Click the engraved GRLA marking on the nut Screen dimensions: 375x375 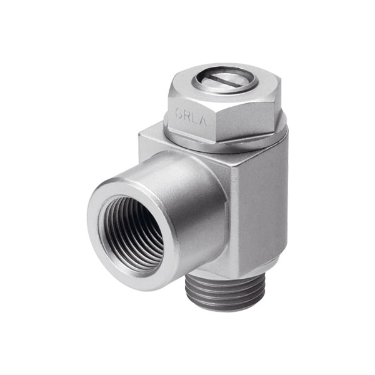pos(191,116)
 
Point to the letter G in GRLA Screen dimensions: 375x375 pos(179,114)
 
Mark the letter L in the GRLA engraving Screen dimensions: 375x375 pos(194,117)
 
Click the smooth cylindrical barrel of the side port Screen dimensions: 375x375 pos(187,187)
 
